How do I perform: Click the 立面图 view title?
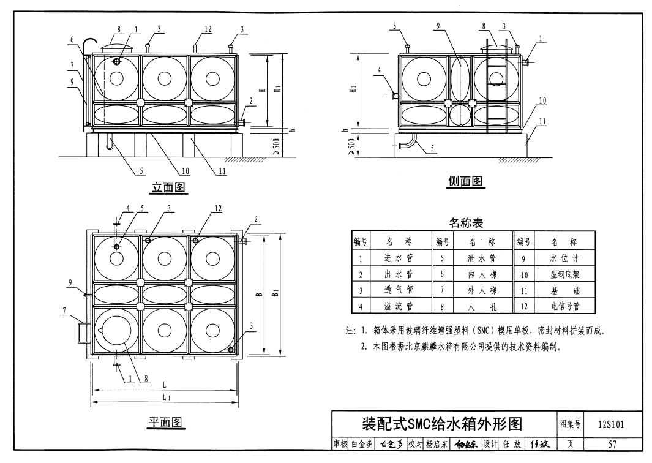click(x=168, y=187)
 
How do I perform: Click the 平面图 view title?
click(x=165, y=422)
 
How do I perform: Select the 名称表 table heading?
click(x=466, y=222)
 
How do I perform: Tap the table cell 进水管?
click(x=399, y=258)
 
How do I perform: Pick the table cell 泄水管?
click(x=481, y=258)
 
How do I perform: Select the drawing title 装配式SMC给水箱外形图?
click(x=441, y=424)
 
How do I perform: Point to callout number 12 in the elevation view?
click(x=208, y=29)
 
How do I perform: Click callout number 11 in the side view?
click(x=542, y=121)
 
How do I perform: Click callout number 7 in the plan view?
click(x=64, y=311)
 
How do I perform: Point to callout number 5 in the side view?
click(x=432, y=148)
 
